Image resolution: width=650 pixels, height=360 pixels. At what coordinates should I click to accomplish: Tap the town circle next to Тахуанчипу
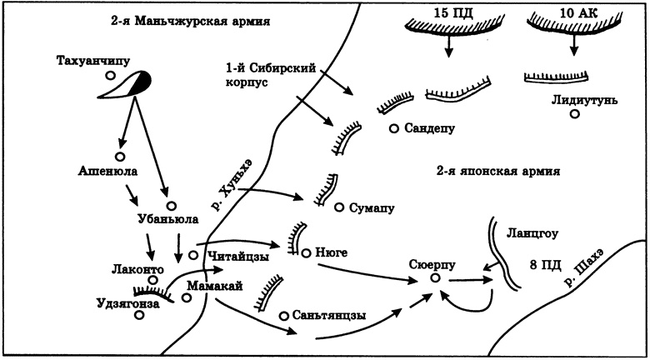click(110, 76)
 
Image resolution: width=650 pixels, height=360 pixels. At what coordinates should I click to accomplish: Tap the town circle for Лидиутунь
click(574, 114)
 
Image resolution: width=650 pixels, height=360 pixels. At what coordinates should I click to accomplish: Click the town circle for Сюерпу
click(433, 277)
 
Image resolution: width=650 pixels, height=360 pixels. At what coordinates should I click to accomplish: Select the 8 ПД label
click(546, 267)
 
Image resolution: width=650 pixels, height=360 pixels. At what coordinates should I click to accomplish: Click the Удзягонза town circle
click(128, 317)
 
